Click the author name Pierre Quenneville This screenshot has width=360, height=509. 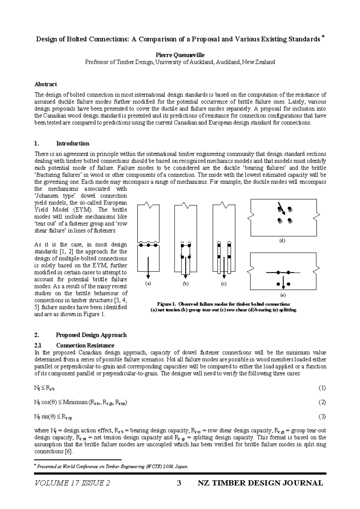pyautogui.click(x=180, y=55)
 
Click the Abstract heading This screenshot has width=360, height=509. pyautogui.click(x=46, y=84)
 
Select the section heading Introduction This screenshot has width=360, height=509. pyautogui.click(x=73, y=143)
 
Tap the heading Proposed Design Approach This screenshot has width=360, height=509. pyautogui.click(x=91, y=335)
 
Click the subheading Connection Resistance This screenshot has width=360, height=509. pyautogui.click(x=85, y=345)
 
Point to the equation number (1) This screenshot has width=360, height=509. pyautogui.click(x=322, y=388)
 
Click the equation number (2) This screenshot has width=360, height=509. pyautogui.click(x=322, y=402)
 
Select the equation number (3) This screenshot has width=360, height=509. pyautogui.click(x=322, y=416)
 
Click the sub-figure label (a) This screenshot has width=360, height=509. pyautogui.click(x=148, y=283)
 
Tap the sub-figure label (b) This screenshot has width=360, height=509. pyautogui.click(x=186, y=283)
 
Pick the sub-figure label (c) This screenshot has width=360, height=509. pyautogui.click(x=223, y=283)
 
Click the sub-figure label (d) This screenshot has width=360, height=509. pyautogui.click(x=282, y=241)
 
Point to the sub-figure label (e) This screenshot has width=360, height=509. pyautogui.click(x=283, y=295)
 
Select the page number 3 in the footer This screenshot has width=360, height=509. pyautogui.click(x=179, y=483)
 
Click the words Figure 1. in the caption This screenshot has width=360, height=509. pyautogui.click(x=166, y=304)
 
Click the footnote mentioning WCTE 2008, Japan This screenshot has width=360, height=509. pyautogui.click(x=111, y=466)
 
